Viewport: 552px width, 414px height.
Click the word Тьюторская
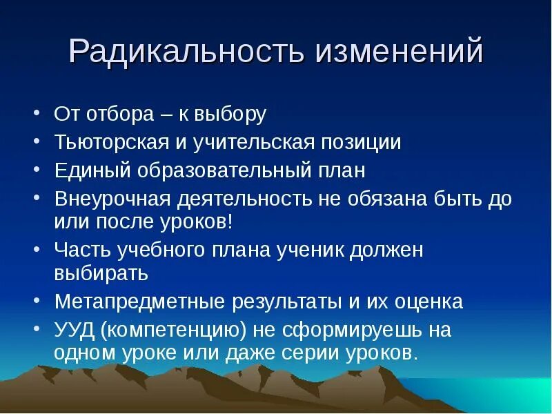(x=112, y=142)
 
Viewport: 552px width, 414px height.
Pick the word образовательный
(x=226, y=170)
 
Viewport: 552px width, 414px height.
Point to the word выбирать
(x=101, y=274)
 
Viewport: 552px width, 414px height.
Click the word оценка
(x=428, y=302)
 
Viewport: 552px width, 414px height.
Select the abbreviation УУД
(x=75, y=330)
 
